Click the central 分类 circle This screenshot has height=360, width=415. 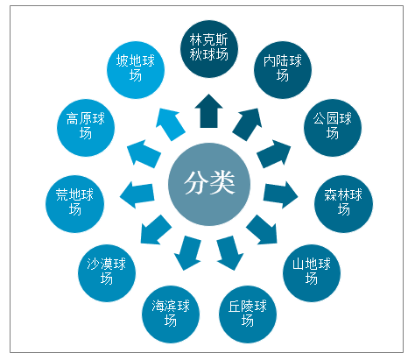click(x=209, y=184)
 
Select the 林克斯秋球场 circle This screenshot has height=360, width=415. click(x=209, y=49)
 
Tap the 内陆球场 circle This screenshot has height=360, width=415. click(x=283, y=70)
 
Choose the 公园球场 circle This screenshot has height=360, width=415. click(x=333, y=128)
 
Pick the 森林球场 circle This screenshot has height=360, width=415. click(x=343, y=204)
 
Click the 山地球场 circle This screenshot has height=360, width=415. click(x=312, y=273)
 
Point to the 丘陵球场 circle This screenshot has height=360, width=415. click(x=248, y=314)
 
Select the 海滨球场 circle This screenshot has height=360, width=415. click(x=171, y=314)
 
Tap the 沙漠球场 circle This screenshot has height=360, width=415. click(x=107, y=273)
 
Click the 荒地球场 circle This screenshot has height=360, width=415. click(x=74, y=204)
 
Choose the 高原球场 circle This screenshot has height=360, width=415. click(x=86, y=128)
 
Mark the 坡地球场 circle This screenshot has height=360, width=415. click(x=136, y=70)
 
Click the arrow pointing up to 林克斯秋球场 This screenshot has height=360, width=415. click(x=209, y=112)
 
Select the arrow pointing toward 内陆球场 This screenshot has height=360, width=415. click(x=248, y=124)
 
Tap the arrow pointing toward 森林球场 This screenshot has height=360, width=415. click(x=280, y=194)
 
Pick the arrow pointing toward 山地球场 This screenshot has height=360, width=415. click(x=262, y=230)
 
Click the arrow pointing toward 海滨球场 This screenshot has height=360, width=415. click(x=188, y=252)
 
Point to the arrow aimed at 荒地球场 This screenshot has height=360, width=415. click(x=137, y=194)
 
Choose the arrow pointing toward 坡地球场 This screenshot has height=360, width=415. click(x=170, y=124)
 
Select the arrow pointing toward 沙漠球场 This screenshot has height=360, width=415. click(x=156, y=230)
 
